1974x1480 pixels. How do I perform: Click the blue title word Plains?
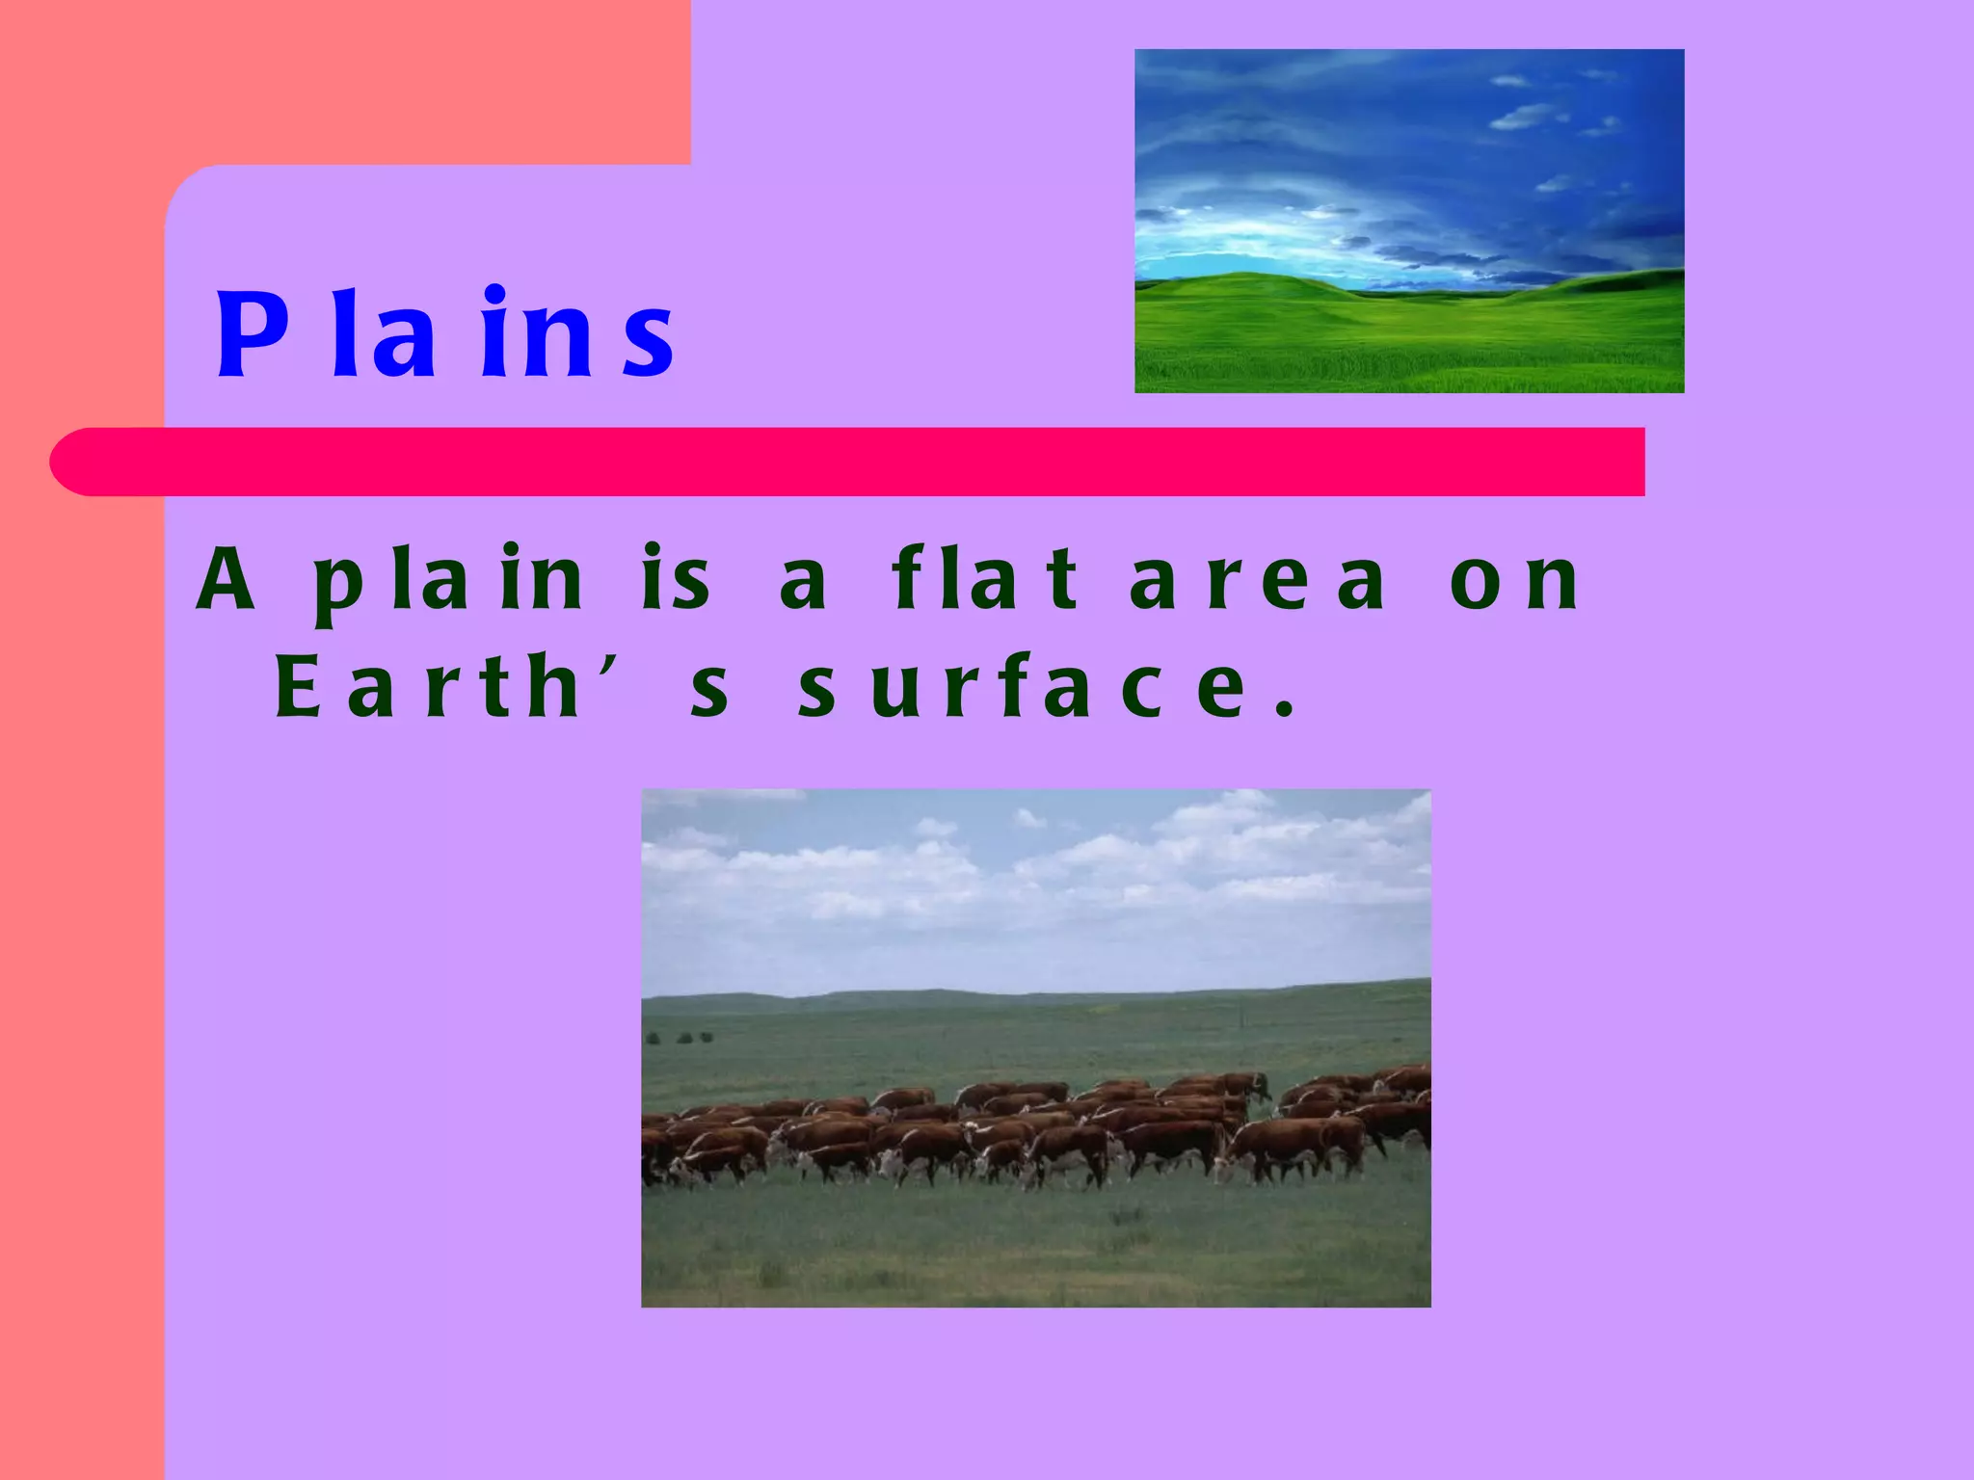click(444, 333)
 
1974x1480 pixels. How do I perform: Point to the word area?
click(1258, 580)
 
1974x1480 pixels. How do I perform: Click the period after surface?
click(1283, 712)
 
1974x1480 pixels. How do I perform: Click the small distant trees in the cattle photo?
click(680, 1038)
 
